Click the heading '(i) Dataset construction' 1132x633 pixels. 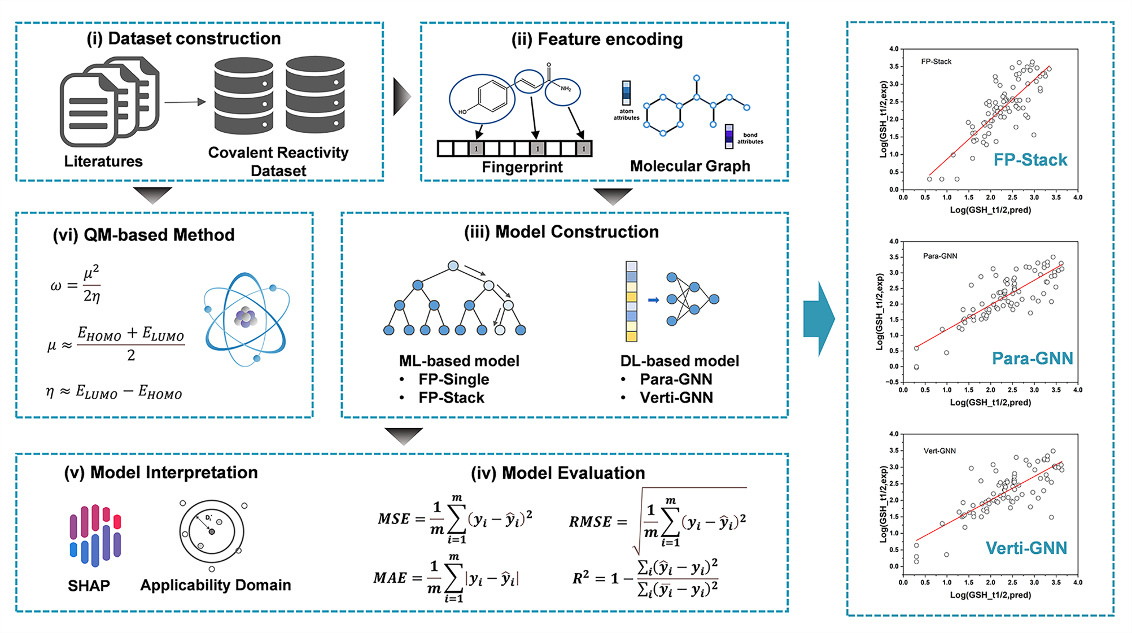183,38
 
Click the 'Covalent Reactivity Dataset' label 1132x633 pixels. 278,161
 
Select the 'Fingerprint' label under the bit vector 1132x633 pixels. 522,167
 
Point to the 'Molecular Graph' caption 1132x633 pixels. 690,166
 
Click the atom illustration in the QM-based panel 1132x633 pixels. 247,318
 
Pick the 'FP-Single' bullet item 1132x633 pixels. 453,379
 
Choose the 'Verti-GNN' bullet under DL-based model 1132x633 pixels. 676,398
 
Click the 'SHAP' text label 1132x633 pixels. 89,586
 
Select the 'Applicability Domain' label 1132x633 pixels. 216,585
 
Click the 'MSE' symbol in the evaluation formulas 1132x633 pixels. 394,519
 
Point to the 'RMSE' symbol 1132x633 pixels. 591,522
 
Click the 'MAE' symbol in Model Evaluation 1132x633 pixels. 390,578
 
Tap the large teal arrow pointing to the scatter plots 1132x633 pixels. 819,319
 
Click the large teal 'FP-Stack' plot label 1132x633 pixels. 1030,160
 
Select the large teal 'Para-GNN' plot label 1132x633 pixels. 1032,358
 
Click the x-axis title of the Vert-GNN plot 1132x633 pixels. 990,595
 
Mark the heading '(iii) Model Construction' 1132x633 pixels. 561,232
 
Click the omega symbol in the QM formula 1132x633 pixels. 56,286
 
